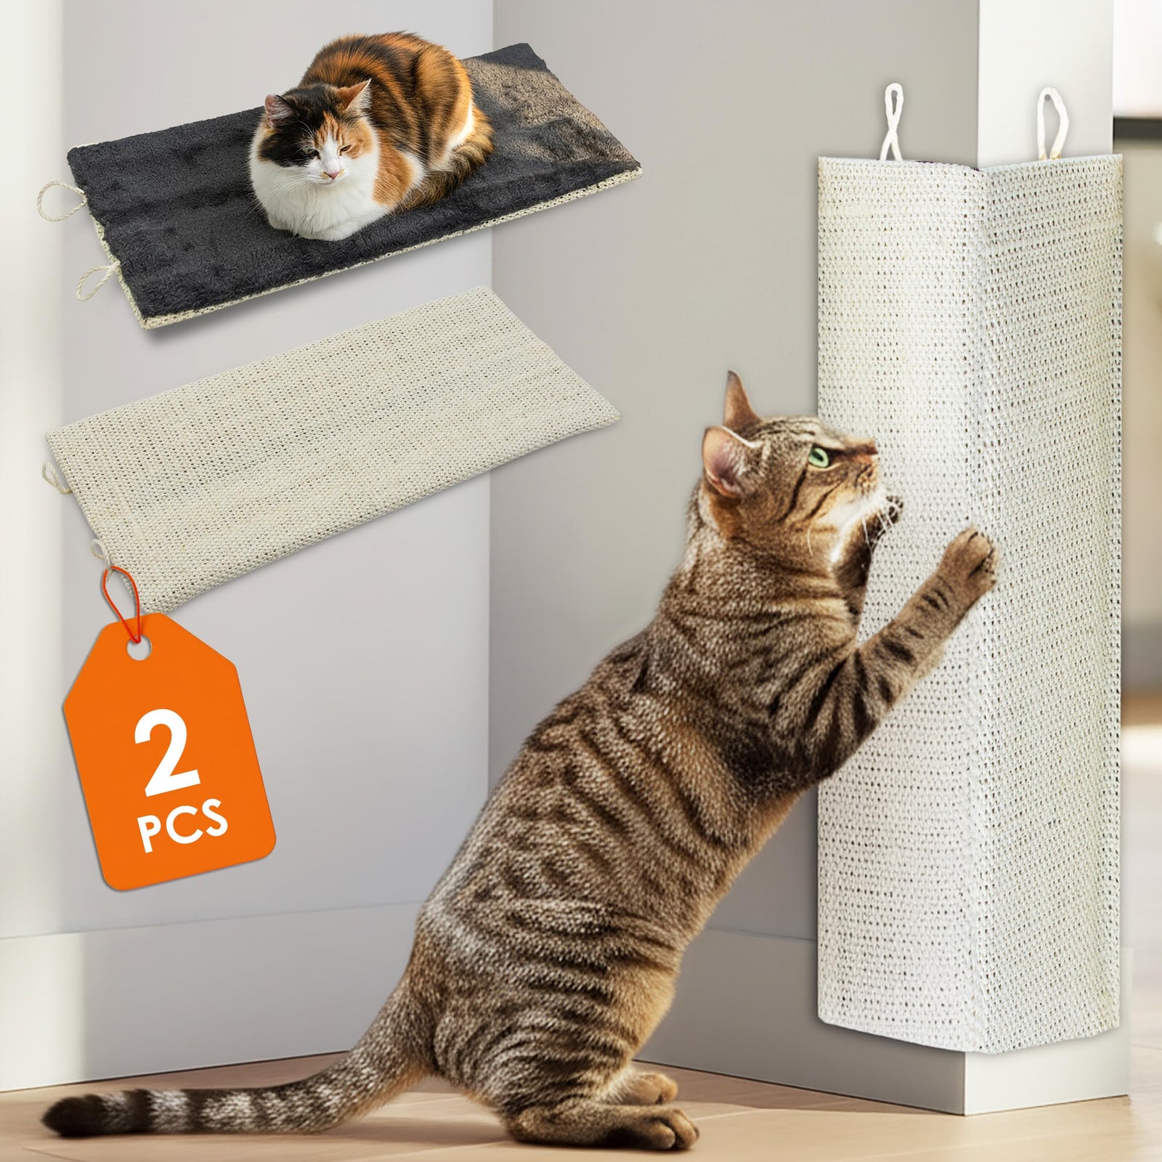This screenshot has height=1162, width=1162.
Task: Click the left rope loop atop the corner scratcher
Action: pyautogui.click(x=892, y=123)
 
